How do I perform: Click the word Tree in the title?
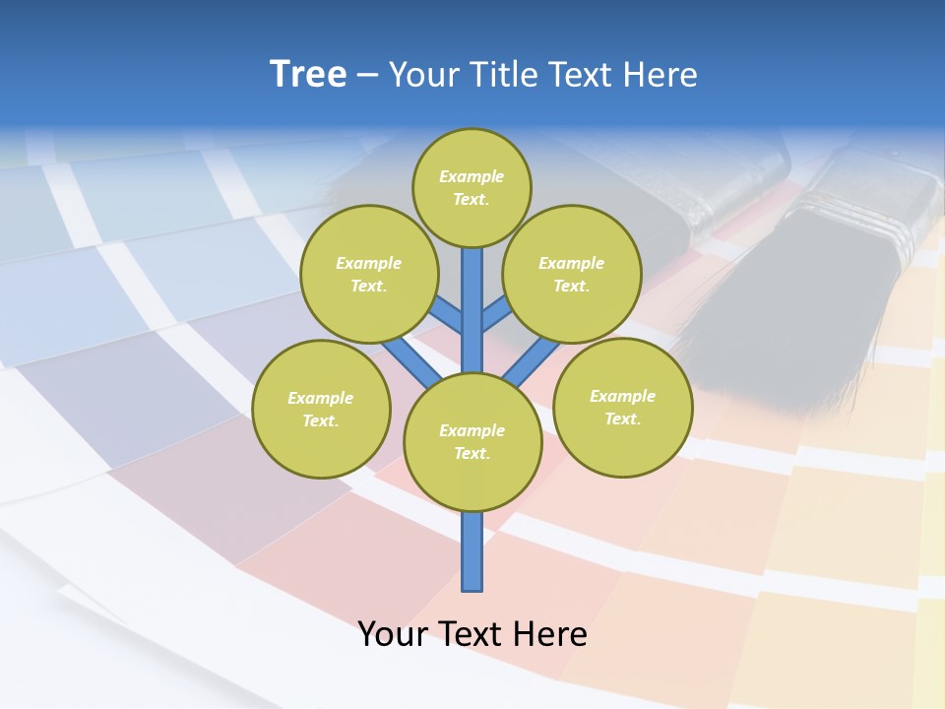[308, 75]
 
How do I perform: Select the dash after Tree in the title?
[367, 76]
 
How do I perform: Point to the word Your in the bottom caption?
[393, 634]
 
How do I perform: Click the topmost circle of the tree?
[472, 187]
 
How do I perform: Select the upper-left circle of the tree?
[368, 274]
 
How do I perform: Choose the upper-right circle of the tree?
[571, 274]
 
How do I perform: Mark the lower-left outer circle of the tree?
[321, 409]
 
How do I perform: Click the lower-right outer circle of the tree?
[622, 407]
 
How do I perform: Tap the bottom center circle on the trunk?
[472, 442]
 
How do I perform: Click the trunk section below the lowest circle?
[472, 551]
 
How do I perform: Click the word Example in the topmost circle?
[472, 176]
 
